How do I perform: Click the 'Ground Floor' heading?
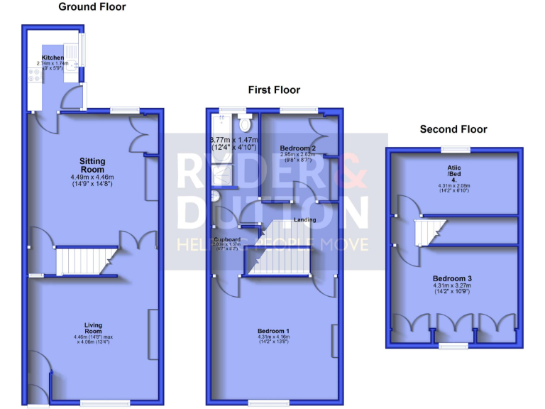pos(92,7)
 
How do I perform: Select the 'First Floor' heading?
pos(274,90)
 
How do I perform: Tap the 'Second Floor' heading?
pos(453,129)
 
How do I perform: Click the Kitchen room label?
pos(53,58)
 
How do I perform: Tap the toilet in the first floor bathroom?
pos(246,125)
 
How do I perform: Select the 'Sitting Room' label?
pos(92,165)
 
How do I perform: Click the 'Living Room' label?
pos(92,329)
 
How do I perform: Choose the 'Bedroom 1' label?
pos(273,331)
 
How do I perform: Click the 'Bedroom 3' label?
pos(453,279)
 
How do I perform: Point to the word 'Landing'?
pos(305,219)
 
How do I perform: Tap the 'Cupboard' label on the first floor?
pos(228,239)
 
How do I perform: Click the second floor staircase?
pos(429,231)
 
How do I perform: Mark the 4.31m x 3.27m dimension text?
pos(453,287)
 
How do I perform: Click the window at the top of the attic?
pos(455,149)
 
